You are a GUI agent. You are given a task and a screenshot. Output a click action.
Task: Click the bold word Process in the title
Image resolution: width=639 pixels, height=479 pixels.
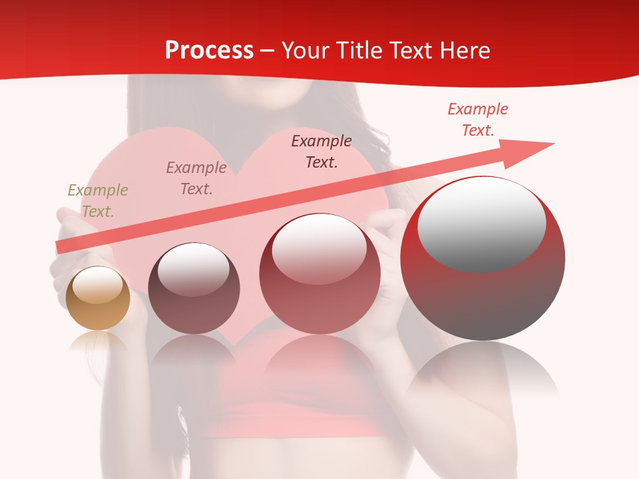[x=209, y=50]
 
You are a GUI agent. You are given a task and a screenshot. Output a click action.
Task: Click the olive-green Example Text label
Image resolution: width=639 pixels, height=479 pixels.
[x=97, y=201]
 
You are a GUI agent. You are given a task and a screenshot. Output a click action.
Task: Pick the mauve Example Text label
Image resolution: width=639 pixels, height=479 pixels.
[x=196, y=178]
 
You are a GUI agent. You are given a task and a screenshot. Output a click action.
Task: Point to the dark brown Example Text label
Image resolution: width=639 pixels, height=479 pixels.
[x=321, y=152]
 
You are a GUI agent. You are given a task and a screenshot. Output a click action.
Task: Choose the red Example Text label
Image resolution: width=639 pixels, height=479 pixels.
[x=477, y=120]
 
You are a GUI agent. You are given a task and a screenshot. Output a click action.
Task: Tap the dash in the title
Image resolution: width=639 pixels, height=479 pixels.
[x=268, y=51]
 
